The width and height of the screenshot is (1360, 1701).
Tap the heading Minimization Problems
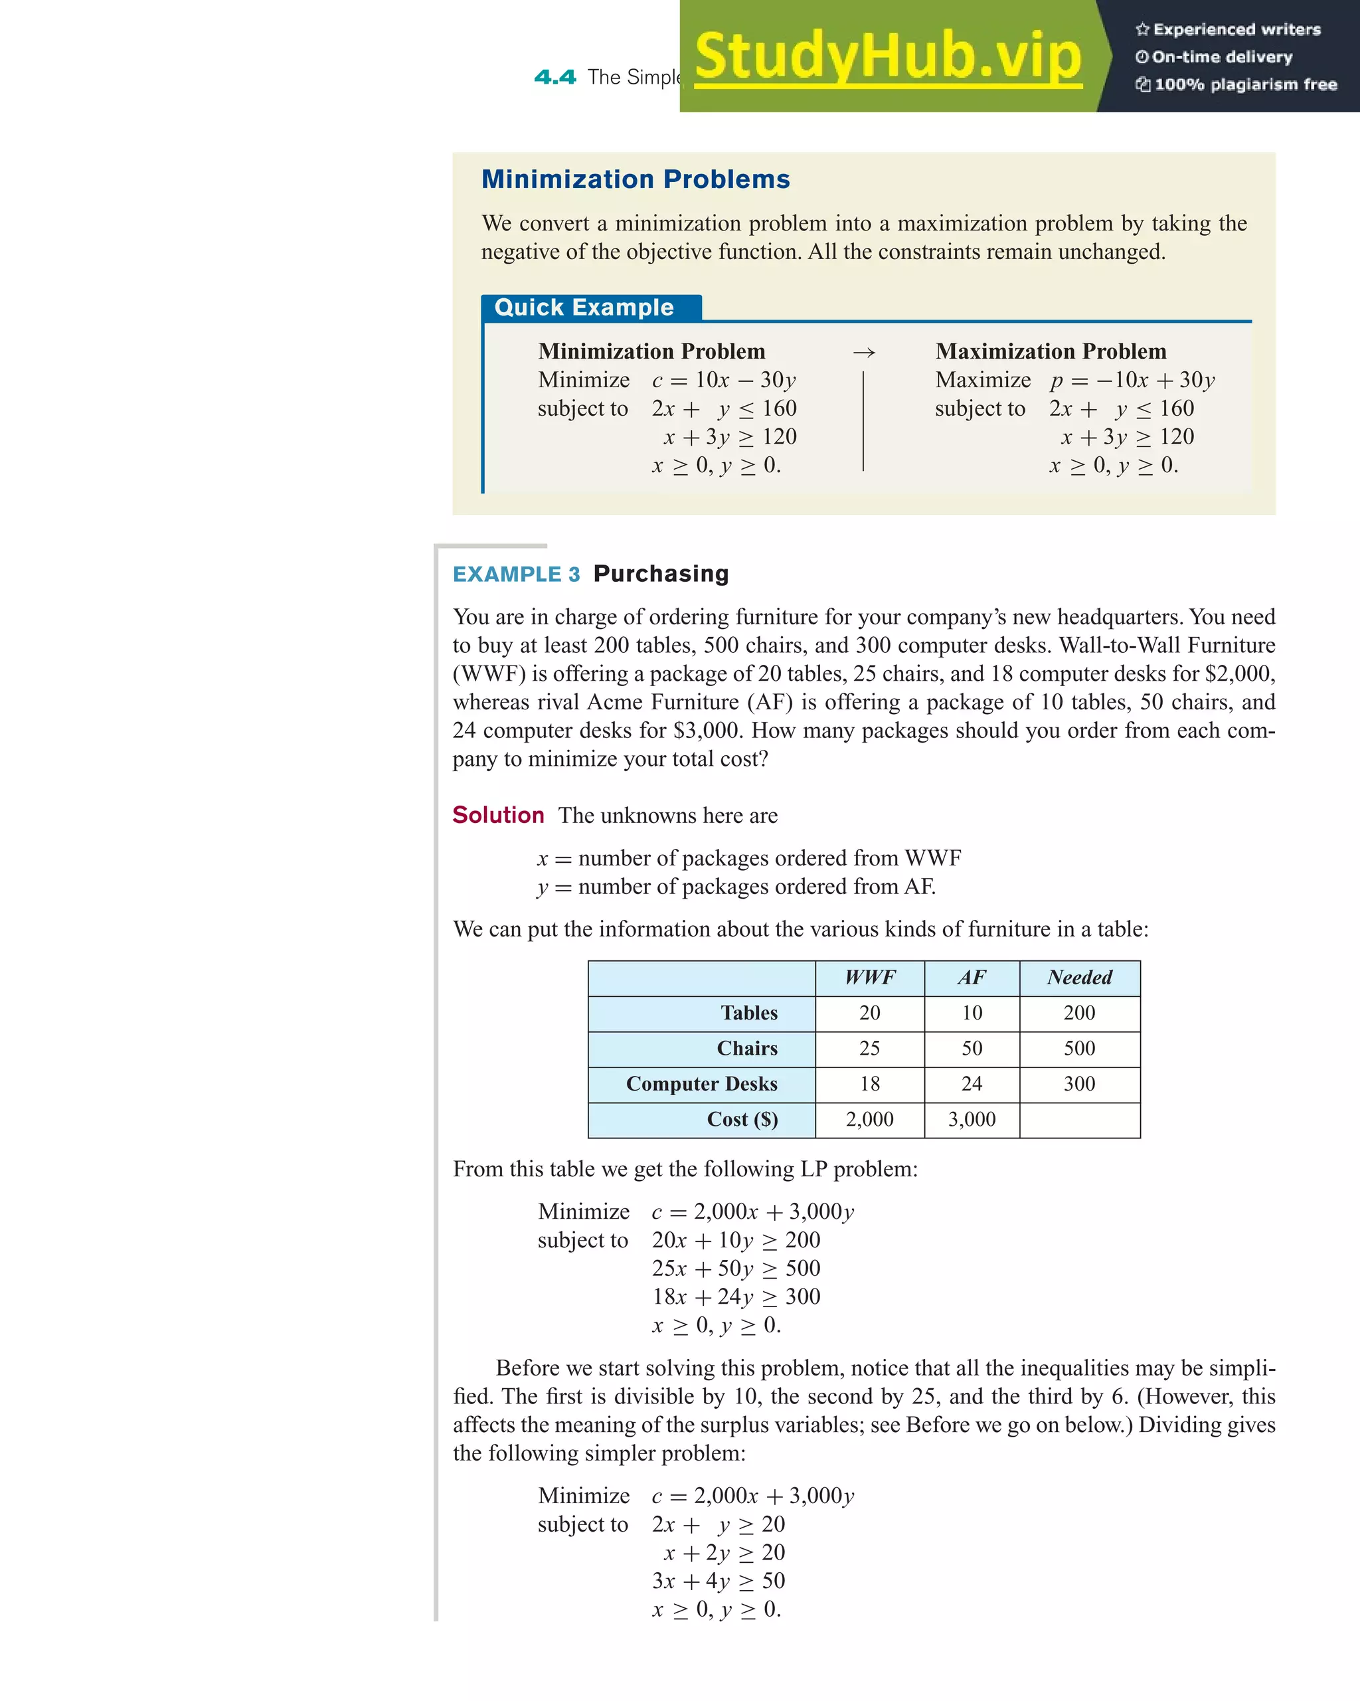[635, 179]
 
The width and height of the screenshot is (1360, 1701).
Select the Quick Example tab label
[584, 308]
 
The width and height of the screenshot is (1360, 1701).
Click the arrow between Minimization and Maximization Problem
[864, 353]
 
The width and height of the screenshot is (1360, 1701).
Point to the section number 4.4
[554, 77]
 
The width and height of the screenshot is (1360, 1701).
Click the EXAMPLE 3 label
[516, 575]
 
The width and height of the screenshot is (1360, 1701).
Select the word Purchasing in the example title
[661, 574]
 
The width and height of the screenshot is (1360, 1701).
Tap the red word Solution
[498, 815]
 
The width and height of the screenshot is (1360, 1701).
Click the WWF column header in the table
[869, 978]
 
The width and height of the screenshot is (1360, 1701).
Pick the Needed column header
[1079, 978]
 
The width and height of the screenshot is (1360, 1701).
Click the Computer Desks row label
[701, 1084]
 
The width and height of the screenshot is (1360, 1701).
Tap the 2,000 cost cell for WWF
[869, 1120]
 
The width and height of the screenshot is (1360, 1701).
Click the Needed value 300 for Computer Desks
[1079, 1084]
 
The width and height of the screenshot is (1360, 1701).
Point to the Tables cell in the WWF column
[869, 1013]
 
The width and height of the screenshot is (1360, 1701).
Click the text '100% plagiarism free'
[1245, 84]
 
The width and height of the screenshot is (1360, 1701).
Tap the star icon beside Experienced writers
[1142, 30]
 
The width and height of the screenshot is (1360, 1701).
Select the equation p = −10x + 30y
[1132, 381]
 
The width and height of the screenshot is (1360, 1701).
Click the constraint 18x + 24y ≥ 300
[735, 1297]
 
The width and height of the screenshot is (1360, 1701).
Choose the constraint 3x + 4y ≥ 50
[718, 1580]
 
